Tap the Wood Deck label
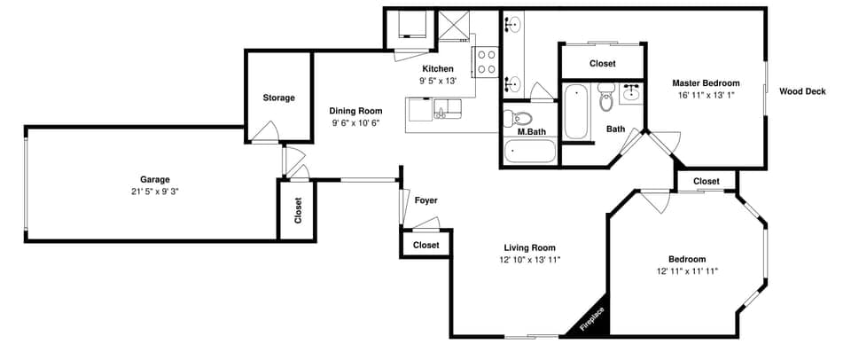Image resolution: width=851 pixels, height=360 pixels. click(x=802, y=90)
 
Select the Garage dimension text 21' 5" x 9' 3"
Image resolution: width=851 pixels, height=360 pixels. click(x=154, y=191)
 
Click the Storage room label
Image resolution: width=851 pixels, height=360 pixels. click(x=278, y=98)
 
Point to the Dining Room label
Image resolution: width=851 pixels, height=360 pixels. click(x=356, y=111)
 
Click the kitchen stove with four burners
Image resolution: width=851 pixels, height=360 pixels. click(x=487, y=61)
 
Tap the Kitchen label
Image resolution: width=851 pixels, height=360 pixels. click(x=437, y=69)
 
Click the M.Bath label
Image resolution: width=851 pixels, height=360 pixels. click(x=531, y=132)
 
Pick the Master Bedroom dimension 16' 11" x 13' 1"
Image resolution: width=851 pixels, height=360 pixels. click(x=706, y=95)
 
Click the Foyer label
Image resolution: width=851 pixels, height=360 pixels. click(x=425, y=200)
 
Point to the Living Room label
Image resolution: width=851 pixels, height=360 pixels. click(x=529, y=247)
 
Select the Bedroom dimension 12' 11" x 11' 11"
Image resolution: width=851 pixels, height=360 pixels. click(x=687, y=270)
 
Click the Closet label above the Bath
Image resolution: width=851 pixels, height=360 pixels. click(x=603, y=64)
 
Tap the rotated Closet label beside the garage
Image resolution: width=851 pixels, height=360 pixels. click(x=298, y=210)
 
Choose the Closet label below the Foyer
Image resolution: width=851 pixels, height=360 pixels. click(x=425, y=245)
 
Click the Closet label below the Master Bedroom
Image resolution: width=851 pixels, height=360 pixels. click(x=707, y=181)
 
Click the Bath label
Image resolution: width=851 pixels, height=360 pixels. click(x=615, y=129)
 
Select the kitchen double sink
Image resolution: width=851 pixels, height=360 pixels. click(x=448, y=109)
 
